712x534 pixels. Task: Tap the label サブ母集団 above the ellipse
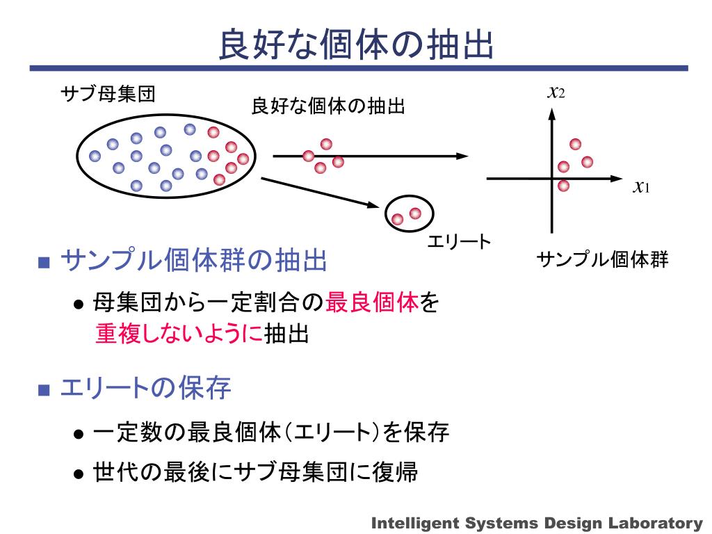(x=108, y=94)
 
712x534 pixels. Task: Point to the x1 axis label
(x=640, y=186)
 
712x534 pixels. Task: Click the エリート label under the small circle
(x=458, y=241)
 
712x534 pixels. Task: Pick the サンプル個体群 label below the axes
(x=602, y=260)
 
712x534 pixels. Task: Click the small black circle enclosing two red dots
(x=410, y=214)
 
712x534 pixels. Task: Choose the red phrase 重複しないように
(x=179, y=334)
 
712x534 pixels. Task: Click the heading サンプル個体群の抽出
(x=194, y=261)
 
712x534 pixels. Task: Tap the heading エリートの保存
(x=146, y=389)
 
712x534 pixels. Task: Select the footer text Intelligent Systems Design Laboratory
(x=537, y=523)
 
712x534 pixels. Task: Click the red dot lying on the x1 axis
(x=563, y=185)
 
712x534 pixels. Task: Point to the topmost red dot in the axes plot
(x=575, y=144)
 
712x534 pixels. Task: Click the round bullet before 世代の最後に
(x=79, y=474)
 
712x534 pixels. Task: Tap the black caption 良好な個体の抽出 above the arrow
(x=327, y=107)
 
